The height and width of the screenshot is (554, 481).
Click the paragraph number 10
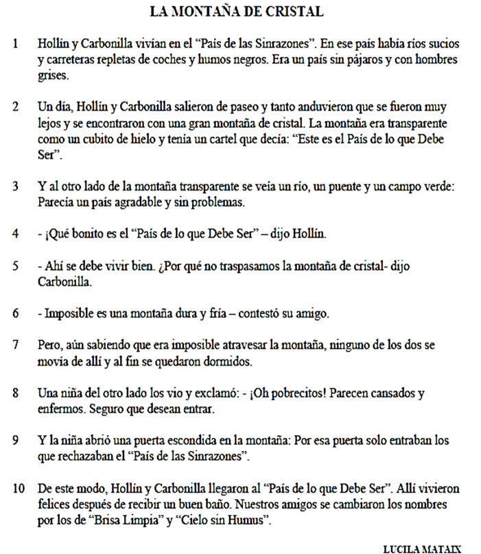[19, 488]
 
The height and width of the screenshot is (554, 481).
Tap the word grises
[52, 75]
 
